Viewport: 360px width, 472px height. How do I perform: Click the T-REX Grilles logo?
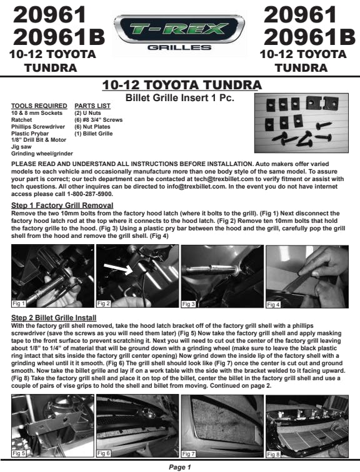pos(179,32)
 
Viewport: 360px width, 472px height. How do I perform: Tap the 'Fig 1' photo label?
pos(19,303)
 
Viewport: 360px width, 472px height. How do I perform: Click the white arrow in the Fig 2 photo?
pos(118,268)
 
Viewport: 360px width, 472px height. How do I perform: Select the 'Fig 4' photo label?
pos(273,304)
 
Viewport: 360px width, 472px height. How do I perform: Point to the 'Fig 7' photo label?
pos(189,453)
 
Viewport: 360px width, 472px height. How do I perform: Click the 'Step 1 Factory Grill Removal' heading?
pos(62,205)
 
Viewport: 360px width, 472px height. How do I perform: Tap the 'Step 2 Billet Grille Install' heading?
pos(54,318)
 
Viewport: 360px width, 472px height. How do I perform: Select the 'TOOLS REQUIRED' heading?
pos(39,106)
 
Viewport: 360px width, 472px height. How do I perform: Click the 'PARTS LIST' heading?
pos(92,106)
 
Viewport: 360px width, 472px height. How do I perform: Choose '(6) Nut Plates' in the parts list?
pos(92,127)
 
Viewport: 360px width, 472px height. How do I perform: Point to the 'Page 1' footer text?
pos(180,467)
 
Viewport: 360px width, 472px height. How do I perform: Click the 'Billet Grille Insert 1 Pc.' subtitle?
pos(180,98)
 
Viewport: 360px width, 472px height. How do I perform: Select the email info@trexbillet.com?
pos(196,187)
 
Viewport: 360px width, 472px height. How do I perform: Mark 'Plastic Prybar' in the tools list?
pos(30,134)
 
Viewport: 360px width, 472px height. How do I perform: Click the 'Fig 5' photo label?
pos(19,453)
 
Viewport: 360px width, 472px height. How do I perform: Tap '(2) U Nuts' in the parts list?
pos(87,113)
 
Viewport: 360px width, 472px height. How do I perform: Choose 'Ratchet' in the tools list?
pos(21,120)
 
